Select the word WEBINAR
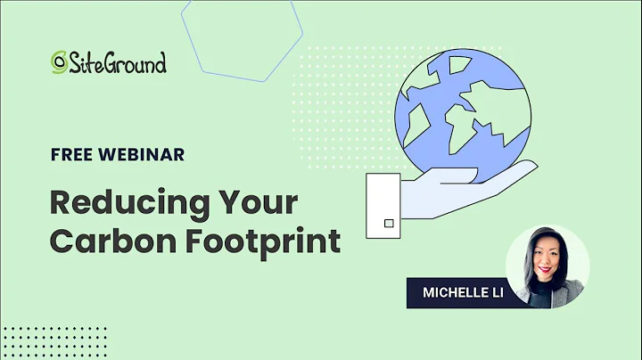142,154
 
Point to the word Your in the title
259,203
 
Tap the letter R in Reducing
63,203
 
